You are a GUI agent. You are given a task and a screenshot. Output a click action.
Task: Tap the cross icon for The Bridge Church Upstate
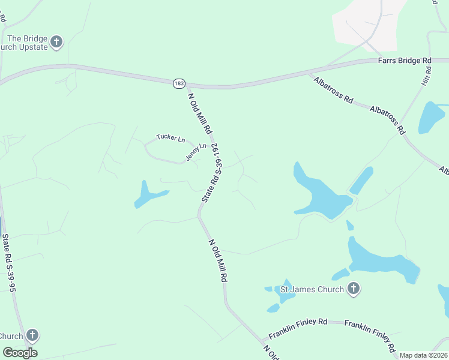56,42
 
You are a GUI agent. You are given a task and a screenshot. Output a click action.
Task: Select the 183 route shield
179,83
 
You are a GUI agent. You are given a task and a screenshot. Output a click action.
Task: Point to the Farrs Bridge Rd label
405,61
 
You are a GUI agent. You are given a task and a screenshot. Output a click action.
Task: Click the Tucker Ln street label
170,138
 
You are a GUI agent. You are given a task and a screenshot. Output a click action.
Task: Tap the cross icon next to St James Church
353,289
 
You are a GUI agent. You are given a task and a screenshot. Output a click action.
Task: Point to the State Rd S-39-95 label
8,263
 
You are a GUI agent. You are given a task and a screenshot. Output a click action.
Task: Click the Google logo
20,353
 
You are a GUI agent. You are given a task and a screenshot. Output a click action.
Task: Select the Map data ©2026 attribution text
423,355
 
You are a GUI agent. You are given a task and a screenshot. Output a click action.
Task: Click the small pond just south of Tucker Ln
147,194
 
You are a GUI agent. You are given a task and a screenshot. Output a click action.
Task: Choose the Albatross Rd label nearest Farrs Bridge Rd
332,91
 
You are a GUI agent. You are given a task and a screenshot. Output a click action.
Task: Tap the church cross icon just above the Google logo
32,335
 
